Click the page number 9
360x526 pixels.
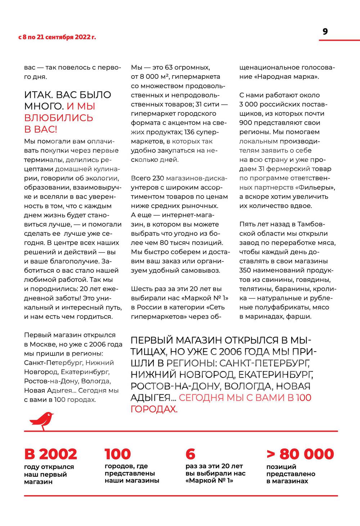325,32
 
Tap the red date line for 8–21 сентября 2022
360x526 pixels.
57,37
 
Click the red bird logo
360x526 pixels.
41,421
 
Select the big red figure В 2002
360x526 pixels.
50,454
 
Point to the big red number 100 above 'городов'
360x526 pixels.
118,454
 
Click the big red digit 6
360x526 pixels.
190,454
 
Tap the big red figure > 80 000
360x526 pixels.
300,454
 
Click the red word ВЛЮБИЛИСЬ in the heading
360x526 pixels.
59,118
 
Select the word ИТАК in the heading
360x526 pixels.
38,95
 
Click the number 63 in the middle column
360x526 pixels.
169,67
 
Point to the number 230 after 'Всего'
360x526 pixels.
158,178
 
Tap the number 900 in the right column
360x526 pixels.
246,123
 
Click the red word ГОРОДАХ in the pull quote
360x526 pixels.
154,409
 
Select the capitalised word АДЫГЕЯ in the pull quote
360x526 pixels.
150,398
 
